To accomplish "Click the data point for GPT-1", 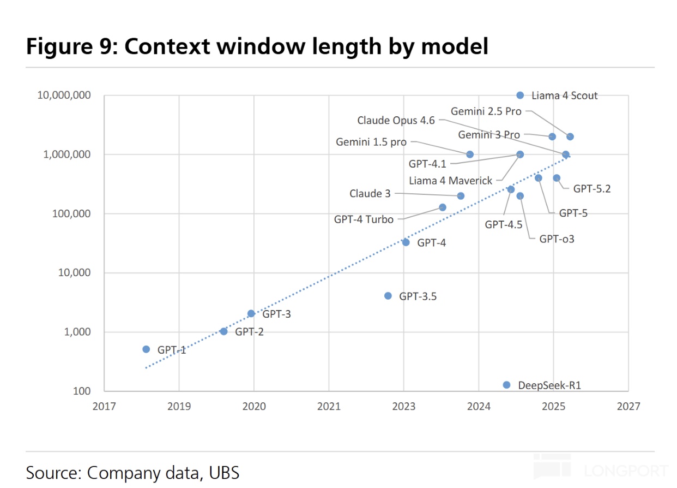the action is pos(146,350).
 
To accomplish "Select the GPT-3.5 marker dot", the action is pos(388,296).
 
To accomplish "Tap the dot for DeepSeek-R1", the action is pos(507,385).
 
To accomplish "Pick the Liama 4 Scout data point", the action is pos(520,96).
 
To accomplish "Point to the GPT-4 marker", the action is pos(406,242).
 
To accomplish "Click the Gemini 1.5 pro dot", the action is pos(470,154).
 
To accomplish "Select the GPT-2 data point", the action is pos(223,332).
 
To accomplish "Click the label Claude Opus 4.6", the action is pos(396,121).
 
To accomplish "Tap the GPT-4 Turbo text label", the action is pos(364,219).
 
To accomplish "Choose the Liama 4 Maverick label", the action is pos(451,181).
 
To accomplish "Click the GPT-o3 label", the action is pos(557,239).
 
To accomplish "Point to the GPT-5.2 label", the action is pos(592,189).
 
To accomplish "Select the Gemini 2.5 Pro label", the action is pos(486,111).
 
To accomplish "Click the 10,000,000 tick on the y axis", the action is pos(64,96).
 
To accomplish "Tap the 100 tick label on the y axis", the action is pos(82,391).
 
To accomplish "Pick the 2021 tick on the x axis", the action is pos(329,407).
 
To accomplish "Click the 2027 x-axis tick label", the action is pos(628,407).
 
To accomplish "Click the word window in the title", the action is pos(261,46).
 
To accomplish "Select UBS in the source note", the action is pos(224,473).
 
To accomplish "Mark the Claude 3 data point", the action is pos(461,196).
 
